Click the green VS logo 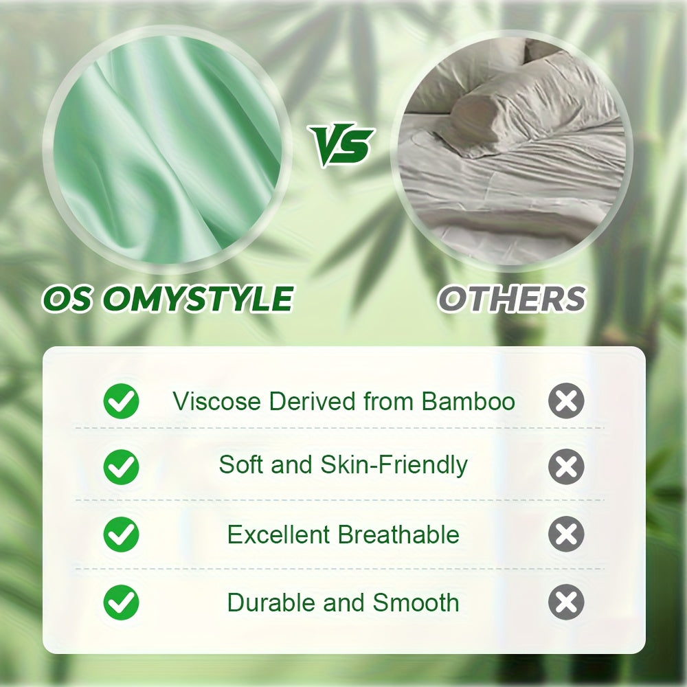pos(341,146)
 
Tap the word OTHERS pos(512,299)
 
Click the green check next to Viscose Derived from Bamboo pos(121,402)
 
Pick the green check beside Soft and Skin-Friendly pos(121,467)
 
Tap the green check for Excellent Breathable pos(121,535)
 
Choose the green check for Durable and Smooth pos(121,603)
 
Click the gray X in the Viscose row pos(566,402)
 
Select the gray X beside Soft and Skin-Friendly pos(566,467)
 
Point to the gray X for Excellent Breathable pos(566,535)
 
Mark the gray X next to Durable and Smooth pos(566,603)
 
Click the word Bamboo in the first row pos(469,401)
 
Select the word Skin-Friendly pos(394,465)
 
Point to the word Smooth pos(416,603)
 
